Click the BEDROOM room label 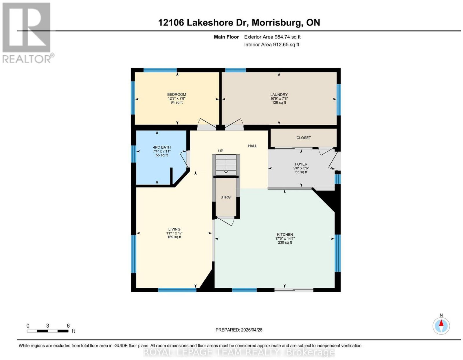tap(177, 94)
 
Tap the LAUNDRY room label tap(279, 95)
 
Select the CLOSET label tap(304, 138)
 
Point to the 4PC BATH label tap(162, 147)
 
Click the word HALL tap(252, 146)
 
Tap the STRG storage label tap(225, 197)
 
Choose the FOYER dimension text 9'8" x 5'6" tap(301, 168)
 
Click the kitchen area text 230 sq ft tap(285, 242)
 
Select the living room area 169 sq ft tap(174, 237)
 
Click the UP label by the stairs tap(221, 151)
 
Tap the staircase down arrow tap(226, 165)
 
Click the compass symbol tap(441, 326)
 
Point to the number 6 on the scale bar tap(68, 326)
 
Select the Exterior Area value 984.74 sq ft tap(287, 37)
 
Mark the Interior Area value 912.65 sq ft tap(286, 45)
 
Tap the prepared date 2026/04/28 tap(251, 330)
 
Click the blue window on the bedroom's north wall tap(160, 70)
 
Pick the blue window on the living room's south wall tap(177, 290)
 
